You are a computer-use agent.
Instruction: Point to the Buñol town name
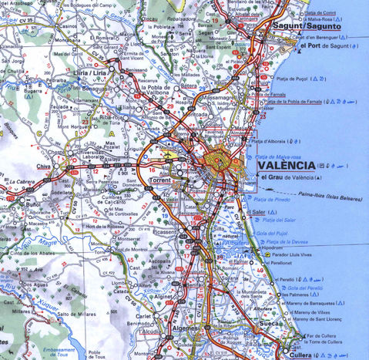click(x=32, y=206)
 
